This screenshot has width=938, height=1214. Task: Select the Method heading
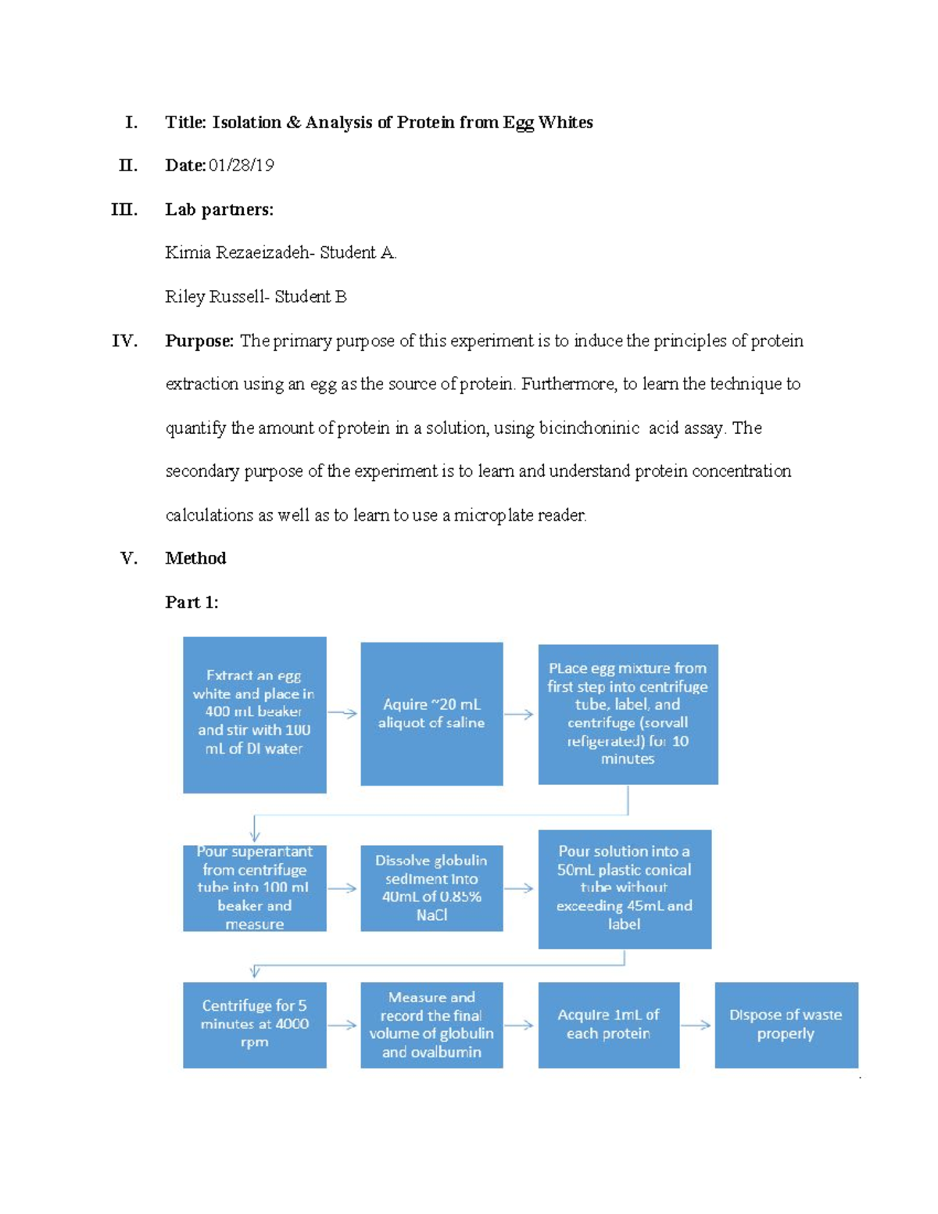195,558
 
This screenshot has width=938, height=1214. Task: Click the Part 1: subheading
192,602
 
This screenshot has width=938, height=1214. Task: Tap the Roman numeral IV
125,341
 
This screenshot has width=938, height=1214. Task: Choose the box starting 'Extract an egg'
254,714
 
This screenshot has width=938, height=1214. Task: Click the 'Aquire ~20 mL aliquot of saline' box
431,714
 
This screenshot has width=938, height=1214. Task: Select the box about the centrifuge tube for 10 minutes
628,714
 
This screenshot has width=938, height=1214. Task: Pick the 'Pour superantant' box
254,888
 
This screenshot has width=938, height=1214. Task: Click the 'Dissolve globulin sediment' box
431,888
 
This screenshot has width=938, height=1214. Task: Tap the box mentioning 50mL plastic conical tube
625,889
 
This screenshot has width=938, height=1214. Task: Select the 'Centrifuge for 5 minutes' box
254,1025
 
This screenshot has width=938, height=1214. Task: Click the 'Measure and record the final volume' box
431,1025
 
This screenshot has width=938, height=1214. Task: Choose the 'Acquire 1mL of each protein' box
608,1025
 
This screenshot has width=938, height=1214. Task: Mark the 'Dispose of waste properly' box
786,1025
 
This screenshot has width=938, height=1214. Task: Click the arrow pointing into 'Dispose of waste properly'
696,1025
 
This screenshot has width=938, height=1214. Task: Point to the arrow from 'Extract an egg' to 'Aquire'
342,713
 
